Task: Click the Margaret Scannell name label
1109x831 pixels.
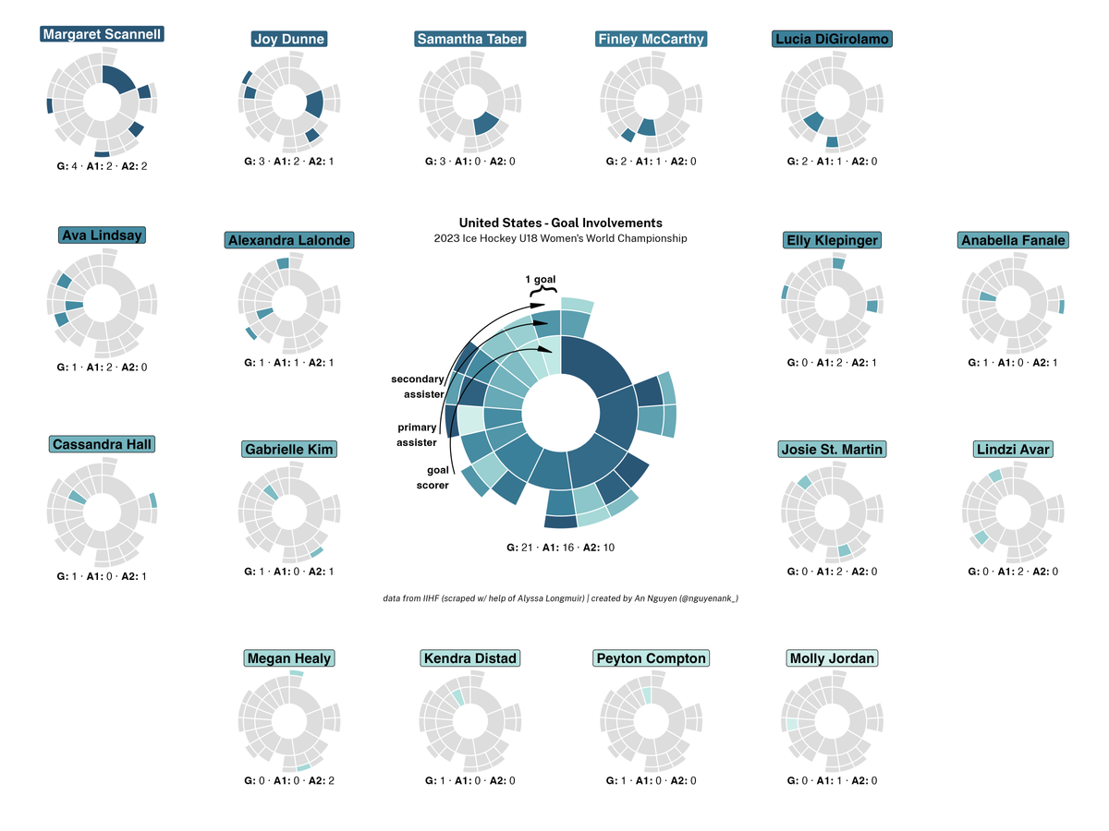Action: point(103,34)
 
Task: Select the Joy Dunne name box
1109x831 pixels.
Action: point(289,39)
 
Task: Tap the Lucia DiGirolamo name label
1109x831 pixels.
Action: point(832,39)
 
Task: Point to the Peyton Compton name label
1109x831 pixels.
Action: point(652,658)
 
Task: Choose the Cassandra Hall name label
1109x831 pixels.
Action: point(102,444)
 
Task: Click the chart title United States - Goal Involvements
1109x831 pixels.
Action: point(560,223)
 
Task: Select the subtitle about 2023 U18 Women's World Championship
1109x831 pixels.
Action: point(560,238)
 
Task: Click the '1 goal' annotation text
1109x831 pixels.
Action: point(541,279)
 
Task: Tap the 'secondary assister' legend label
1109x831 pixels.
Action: point(417,387)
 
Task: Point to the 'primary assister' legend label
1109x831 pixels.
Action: point(417,435)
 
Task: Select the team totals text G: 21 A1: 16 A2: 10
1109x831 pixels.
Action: point(560,548)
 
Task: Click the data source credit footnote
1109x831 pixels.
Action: point(560,598)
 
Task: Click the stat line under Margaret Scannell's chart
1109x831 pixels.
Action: point(102,166)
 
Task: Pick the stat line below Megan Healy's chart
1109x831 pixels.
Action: point(289,780)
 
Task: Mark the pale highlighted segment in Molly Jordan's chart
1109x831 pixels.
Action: point(792,725)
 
